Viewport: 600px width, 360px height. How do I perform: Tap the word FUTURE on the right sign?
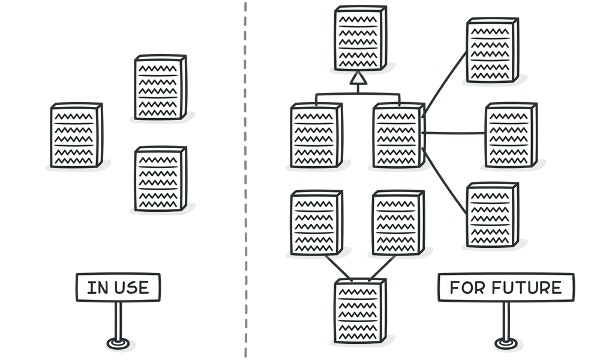coord(527,287)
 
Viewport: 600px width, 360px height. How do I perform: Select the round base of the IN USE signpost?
coord(117,344)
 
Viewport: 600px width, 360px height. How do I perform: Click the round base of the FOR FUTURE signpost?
coord(505,344)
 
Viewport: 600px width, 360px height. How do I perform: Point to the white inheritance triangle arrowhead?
coord(358,78)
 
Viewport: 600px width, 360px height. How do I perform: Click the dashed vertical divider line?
coord(245,180)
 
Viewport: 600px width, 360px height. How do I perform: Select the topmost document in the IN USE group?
coord(160,88)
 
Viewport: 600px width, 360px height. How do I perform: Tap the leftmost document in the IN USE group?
coord(76,136)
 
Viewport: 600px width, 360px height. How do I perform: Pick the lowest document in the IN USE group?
coord(160,179)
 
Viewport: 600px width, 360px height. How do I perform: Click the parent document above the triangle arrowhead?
coord(359,38)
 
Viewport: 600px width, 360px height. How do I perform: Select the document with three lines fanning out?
coord(397,136)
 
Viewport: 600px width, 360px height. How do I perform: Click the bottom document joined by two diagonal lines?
coord(359,311)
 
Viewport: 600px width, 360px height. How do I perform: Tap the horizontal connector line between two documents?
coord(454,133)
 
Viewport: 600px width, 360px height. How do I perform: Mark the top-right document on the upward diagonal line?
coord(492,50)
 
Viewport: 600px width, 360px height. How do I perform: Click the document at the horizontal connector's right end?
coord(510,136)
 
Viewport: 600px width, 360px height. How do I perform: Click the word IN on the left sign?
coord(96,287)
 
